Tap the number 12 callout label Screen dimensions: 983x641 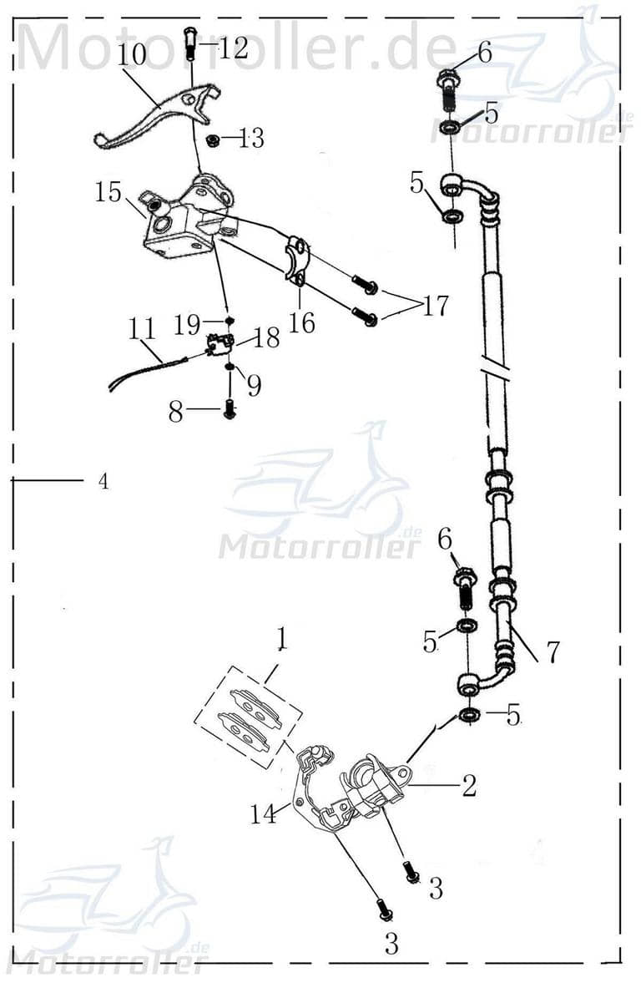233,48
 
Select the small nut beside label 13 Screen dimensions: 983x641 213,139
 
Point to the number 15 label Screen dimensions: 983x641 108,193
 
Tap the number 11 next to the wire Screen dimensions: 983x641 143,327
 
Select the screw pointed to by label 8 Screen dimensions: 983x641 230,409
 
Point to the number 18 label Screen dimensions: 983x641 266,337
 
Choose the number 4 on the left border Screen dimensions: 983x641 103,481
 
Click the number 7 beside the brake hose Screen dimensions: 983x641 552,651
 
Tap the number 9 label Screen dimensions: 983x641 253,385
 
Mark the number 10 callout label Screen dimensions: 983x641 131,55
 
